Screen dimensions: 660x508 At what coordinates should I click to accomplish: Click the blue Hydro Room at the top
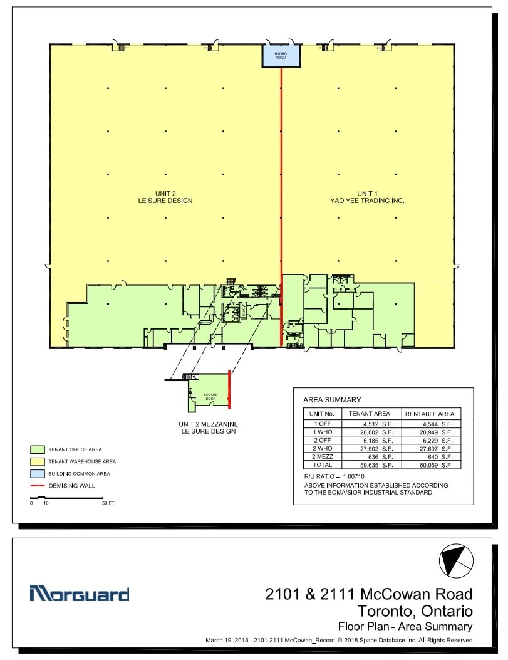coord(281,56)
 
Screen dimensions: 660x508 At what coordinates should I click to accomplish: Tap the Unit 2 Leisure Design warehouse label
coord(165,197)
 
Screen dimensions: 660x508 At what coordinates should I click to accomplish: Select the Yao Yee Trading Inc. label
coord(367,197)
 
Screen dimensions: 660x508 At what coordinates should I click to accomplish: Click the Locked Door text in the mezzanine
coord(210,396)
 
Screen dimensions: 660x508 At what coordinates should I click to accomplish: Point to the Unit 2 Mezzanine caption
coord(209,427)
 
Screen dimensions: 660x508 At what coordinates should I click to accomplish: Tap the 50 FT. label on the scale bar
coord(108,503)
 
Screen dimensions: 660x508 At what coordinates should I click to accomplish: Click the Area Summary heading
coord(332,399)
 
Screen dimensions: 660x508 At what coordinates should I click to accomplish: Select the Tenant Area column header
coord(370,414)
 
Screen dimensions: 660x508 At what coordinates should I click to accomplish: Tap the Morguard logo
coord(80,594)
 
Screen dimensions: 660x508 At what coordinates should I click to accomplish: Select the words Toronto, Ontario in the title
coord(415,610)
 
